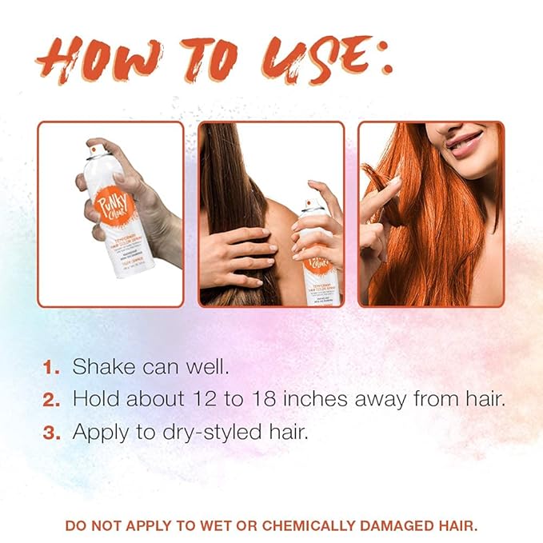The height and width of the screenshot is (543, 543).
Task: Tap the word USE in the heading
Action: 312,58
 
